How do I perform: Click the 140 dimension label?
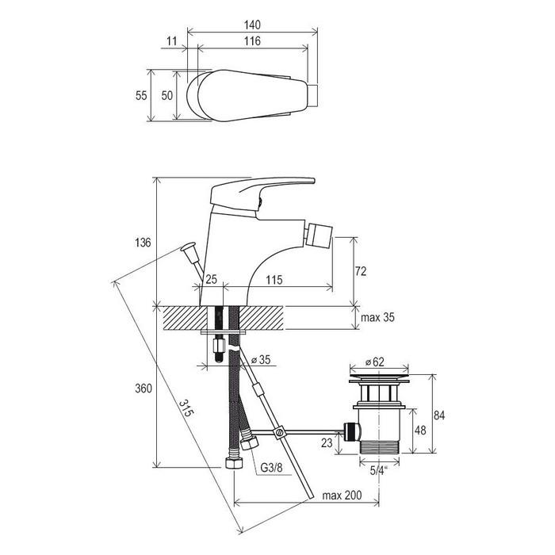tap(252, 25)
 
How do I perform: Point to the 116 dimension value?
tap(252, 41)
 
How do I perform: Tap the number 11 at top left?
tap(172, 41)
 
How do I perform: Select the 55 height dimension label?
tap(141, 95)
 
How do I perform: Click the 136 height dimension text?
tap(143, 243)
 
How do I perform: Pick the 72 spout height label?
tap(361, 271)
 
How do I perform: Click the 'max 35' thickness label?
tap(377, 317)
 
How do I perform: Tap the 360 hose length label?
tap(144, 388)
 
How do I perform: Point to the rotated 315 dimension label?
tap(186, 408)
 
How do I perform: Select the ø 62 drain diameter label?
tap(374, 362)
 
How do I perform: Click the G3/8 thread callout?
tap(271, 468)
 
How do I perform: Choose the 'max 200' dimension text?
tap(342, 496)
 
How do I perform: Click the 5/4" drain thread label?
tap(379, 470)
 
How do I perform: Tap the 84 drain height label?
tap(439, 415)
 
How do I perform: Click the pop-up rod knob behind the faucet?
tap(189, 246)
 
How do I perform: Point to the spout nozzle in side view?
tap(320, 235)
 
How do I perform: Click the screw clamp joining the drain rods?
tap(279, 433)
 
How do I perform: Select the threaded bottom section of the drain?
tap(380, 447)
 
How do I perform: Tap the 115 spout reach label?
tap(274, 280)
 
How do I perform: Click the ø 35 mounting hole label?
tap(261, 360)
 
